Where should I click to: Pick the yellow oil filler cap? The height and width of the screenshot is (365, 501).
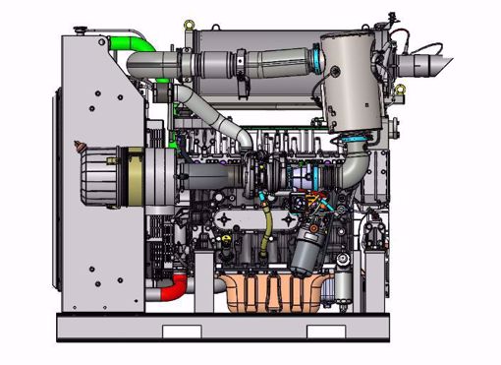tap(230, 239)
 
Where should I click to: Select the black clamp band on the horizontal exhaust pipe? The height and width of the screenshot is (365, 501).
tap(240, 67)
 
